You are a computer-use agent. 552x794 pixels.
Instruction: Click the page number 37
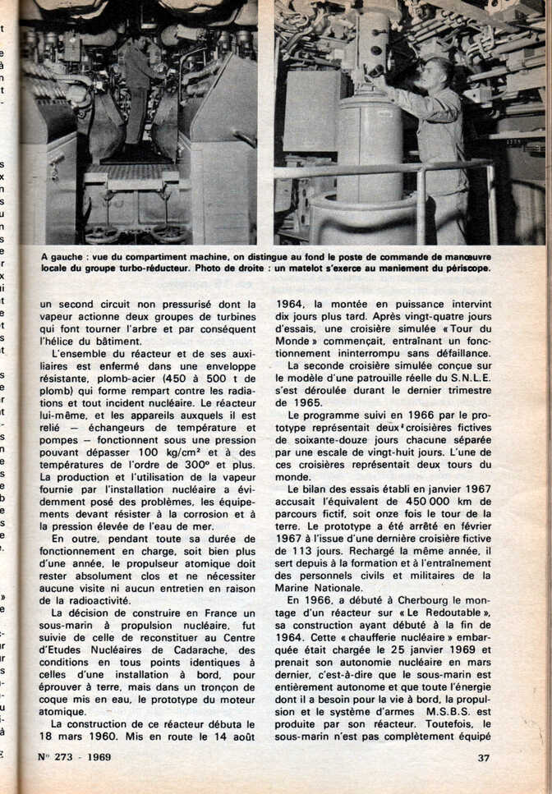(483, 757)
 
